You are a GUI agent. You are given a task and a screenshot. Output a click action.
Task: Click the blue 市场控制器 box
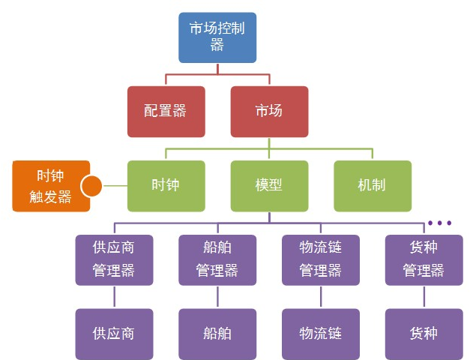pyautogui.click(x=217, y=37)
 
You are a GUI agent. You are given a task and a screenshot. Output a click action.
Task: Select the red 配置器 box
pyautogui.click(x=166, y=112)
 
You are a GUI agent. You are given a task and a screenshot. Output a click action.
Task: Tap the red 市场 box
pyautogui.click(x=268, y=112)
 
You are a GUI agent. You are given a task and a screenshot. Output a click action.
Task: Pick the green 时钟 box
pyautogui.click(x=166, y=185)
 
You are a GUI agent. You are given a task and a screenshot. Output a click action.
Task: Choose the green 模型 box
pyautogui.click(x=268, y=185)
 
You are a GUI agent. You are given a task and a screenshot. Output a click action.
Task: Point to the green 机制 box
pyautogui.click(x=372, y=185)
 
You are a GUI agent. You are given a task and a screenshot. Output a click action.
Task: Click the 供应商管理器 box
pyautogui.click(x=114, y=259)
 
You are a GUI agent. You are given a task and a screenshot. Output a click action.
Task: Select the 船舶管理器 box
pyautogui.click(x=217, y=259)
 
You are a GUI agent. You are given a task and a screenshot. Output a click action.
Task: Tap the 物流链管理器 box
pyautogui.click(x=320, y=259)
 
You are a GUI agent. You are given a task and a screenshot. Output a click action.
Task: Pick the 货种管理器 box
pyautogui.click(x=424, y=259)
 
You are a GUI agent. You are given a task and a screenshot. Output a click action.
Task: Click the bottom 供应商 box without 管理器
pyautogui.click(x=114, y=333)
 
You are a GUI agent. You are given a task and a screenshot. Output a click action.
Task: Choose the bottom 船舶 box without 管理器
pyautogui.click(x=217, y=333)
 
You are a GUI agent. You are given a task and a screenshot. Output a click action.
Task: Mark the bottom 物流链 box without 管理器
pyautogui.click(x=320, y=333)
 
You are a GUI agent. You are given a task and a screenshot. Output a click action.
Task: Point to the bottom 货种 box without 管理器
pyautogui.click(x=424, y=333)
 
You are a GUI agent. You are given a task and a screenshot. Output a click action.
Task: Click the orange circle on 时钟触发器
pyautogui.click(x=91, y=185)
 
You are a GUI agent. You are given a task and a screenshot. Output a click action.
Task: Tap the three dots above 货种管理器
pyautogui.click(x=439, y=223)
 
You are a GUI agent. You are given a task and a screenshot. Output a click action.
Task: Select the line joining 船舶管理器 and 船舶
pyautogui.click(x=217, y=296)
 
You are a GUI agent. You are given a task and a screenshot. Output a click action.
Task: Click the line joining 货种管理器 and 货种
pyautogui.click(x=424, y=296)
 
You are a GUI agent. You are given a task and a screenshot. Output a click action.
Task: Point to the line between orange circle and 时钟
pyautogui.click(x=114, y=185)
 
